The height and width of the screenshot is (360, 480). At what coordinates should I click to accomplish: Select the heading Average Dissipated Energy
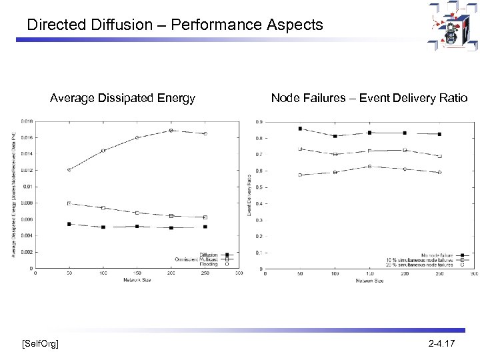tap(123, 99)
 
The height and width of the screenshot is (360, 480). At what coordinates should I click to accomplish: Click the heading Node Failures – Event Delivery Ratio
tap(369, 99)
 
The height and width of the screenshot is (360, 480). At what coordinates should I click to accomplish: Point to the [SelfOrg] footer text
tap(39, 343)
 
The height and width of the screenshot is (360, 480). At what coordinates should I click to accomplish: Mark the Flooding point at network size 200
tap(171, 131)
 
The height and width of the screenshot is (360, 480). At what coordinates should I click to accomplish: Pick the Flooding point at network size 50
tap(69, 170)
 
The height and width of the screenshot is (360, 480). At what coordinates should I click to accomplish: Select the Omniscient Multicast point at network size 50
tap(69, 203)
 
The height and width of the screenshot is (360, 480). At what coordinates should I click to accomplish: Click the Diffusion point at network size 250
tap(205, 227)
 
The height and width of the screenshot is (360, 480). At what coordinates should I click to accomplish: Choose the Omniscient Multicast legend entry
tap(200, 259)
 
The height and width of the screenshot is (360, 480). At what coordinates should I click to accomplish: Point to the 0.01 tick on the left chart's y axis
tap(27, 187)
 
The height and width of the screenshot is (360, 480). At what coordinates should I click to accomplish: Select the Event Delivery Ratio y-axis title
tap(249, 195)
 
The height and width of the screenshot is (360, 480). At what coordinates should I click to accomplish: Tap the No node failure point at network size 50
tap(300, 129)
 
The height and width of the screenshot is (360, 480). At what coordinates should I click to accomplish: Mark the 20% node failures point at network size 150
tap(369, 166)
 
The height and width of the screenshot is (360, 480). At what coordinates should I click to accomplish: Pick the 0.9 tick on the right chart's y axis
tap(259, 122)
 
